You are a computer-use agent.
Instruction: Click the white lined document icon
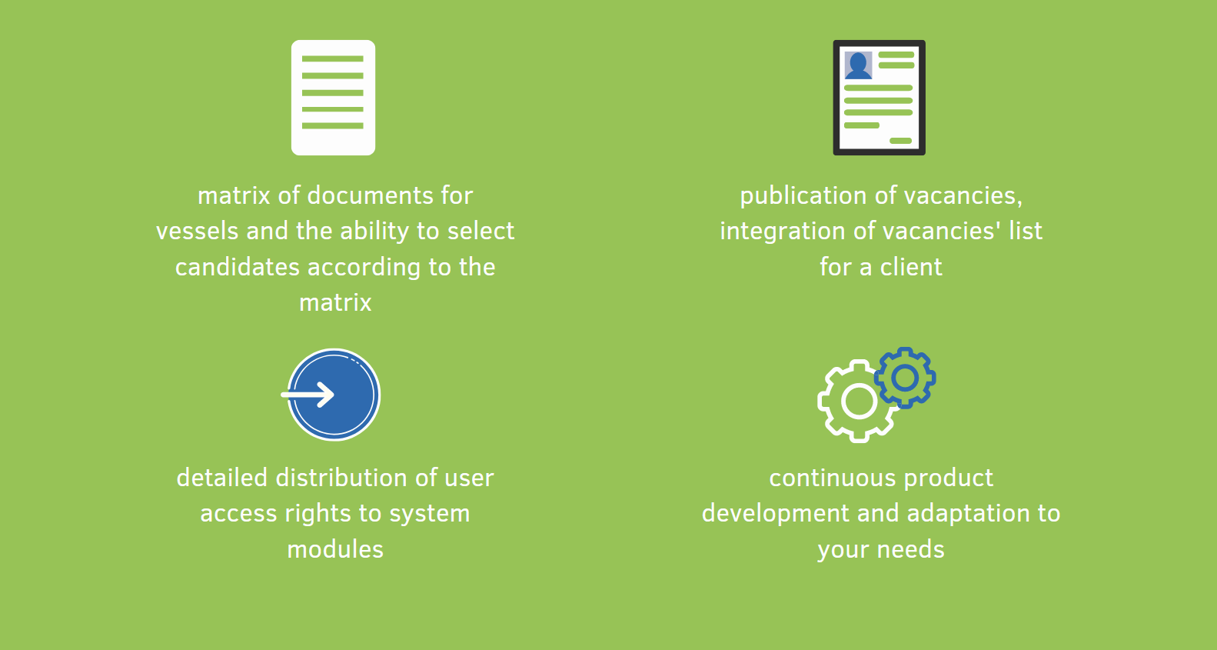pos(333,98)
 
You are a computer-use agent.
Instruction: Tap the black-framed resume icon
pos(879,98)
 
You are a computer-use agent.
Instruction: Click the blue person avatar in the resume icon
pos(859,65)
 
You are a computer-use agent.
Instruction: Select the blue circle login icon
pos(334,395)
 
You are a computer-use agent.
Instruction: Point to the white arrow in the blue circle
pos(308,395)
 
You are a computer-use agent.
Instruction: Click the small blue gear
pos(905,378)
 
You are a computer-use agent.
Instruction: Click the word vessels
pos(198,231)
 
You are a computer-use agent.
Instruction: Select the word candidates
pos(238,267)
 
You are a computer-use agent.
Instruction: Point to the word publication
pos(803,196)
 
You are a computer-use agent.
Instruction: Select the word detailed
pos(222,478)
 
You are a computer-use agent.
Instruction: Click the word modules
pos(335,549)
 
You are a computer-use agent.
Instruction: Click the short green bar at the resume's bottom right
pos(901,141)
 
